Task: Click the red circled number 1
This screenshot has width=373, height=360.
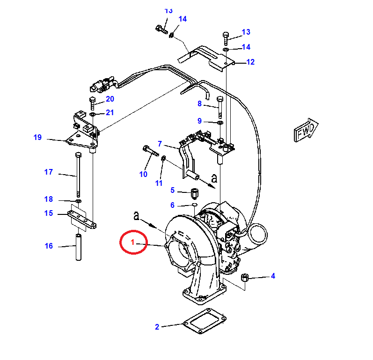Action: pyautogui.click(x=132, y=242)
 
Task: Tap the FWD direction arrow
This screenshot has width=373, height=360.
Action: pyautogui.click(x=306, y=130)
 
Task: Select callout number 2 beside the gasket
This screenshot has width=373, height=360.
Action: pyautogui.click(x=157, y=327)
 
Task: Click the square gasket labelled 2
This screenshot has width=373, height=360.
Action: pyautogui.click(x=205, y=321)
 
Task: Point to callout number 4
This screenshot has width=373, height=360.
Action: pyautogui.click(x=273, y=276)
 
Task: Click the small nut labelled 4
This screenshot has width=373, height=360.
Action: pyautogui.click(x=245, y=278)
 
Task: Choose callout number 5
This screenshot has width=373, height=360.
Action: pyautogui.click(x=173, y=190)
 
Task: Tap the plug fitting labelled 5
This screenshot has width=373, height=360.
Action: pyautogui.click(x=195, y=194)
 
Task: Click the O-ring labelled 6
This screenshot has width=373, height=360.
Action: pyautogui.click(x=195, y=205)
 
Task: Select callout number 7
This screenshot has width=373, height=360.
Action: pyautogui.click(x=160, y=144)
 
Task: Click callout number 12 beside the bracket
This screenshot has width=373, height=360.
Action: pyautogui.click(x=250, y=62)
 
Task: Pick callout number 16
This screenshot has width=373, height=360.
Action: pyautogui.click(x=49, y=246)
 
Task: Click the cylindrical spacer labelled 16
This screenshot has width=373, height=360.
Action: pyautogui.click(x=79, y=247)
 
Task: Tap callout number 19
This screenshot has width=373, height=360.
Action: pyautogui.click(x=37, y=137)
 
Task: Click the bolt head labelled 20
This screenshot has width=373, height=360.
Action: pyautogui.click(x=92, y=99)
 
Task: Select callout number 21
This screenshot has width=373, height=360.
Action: pyautogui.click(x=110, y=112)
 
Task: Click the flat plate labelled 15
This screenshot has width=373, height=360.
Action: pyautogui.click(x=82, y=220)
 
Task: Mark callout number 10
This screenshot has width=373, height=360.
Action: pyautogui.click(x=143, y=174)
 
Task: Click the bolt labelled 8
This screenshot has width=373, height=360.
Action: pyautogui.click(x=220, y=107)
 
